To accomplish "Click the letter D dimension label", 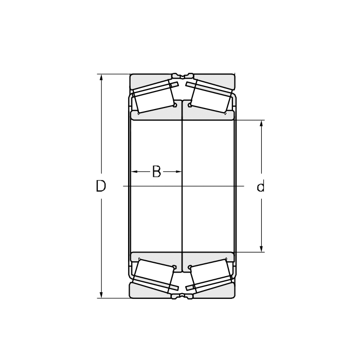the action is pos(101,186).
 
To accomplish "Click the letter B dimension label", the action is pos(156,171).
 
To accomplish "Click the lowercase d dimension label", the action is pos(261,186).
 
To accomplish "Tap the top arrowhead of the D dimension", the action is pos(101,77).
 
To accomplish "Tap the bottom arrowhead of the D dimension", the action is pos(101,295).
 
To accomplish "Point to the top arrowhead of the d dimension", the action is pos(261,123).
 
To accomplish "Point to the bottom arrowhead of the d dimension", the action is pos(261,248).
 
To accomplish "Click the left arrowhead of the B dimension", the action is pos(134,171).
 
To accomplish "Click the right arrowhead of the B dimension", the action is pos(178,171).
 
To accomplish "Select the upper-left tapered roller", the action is pos(154,97).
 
